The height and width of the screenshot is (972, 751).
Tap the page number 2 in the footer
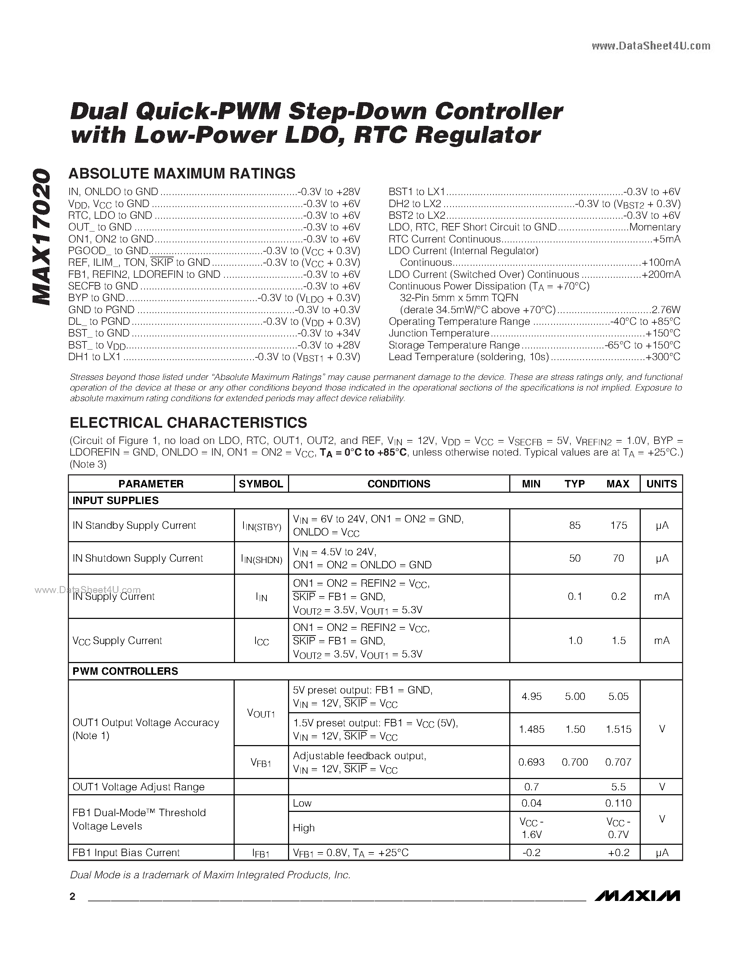(x=72, y=896)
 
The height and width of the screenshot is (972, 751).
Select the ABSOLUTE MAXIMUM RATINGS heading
(x=182, y=174)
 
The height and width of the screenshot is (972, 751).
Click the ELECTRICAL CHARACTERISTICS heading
(x=188, y=422)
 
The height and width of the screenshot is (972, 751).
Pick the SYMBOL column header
(x=261, y=484)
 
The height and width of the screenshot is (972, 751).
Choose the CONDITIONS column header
(x=399, y=484)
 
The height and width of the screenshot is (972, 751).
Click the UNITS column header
(x=662, y=484)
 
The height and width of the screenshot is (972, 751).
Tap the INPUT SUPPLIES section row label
(x=116, y=501)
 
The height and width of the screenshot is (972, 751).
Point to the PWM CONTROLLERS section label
(x=125, y=671)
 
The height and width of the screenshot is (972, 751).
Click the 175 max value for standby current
(x=618, y=526)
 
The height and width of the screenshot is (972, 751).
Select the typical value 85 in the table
(x=575, y=526)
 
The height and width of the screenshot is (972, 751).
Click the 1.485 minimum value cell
(x=532, y=729)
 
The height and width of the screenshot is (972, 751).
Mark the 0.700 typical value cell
(x=575, y=762)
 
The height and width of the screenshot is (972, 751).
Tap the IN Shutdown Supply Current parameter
(x=137, y=558)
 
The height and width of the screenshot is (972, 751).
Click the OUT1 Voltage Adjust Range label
(x=139, y=787)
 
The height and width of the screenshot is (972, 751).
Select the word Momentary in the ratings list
(x=655, y=227)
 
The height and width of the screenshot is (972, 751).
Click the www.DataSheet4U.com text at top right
(x=651, y=46)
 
